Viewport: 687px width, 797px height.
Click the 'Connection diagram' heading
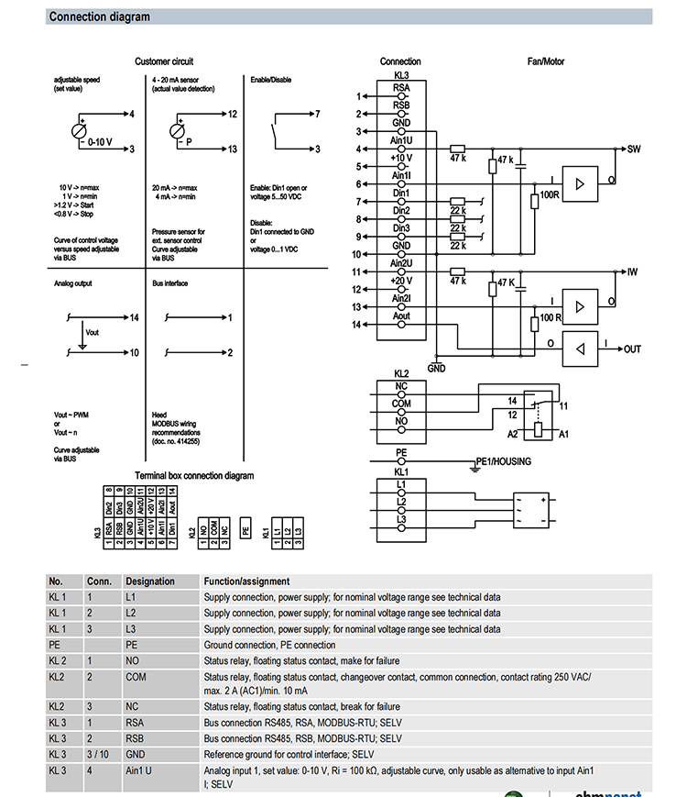[99, 17]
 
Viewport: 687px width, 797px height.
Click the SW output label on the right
[633, 148]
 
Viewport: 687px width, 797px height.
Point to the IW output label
[632, 271]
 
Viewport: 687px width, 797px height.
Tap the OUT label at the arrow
[633, 349]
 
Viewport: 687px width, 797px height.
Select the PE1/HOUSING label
[503, 461]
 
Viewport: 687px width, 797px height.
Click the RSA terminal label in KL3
[401, 88]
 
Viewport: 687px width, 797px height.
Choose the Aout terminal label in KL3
[401, 316]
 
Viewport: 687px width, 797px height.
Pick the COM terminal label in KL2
[401, 404]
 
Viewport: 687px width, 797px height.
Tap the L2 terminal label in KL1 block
[401, 501]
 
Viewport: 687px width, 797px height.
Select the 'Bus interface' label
[169, 284]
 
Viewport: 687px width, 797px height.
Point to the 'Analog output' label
[73, 284]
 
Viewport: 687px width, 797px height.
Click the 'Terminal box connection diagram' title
[194, 475]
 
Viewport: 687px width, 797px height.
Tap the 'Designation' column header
[149, 581]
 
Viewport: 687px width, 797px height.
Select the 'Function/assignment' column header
[246, 581]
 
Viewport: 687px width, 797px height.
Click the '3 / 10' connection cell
[98, 754]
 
